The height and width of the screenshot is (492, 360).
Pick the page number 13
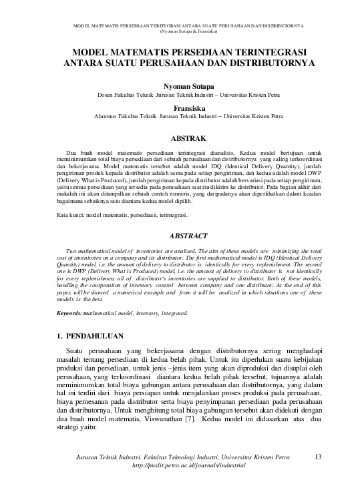(x=318, y=457)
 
